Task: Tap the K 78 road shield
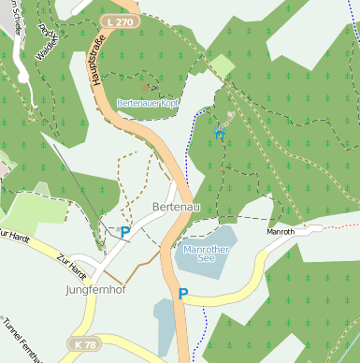pyautogui.click(x=82, y=344)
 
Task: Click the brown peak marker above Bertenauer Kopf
pyautogui.click(x=147, y=91)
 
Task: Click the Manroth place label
pyautogui.click(x=281, y=231)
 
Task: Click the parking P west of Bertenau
pyautogui.click(x=124, y=231)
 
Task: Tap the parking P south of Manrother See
pyautogui.click(x=183, y=294)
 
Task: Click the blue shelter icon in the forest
pyautogui.click(x=221, y=135)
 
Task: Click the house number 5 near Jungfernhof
pyautogui.click(x=106, y=253)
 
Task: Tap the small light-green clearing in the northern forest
pyautogui.click(x=222, y=66)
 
